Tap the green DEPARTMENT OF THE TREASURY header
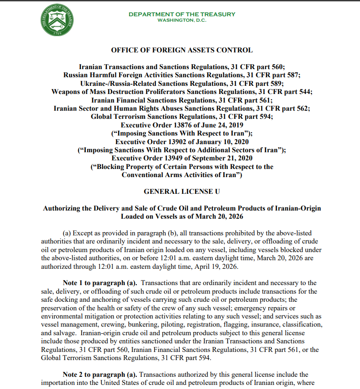click(182, 14)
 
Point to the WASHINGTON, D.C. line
click(182, 20)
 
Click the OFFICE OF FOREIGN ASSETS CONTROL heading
click(182, 50)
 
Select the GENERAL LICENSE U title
click(182, 192)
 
